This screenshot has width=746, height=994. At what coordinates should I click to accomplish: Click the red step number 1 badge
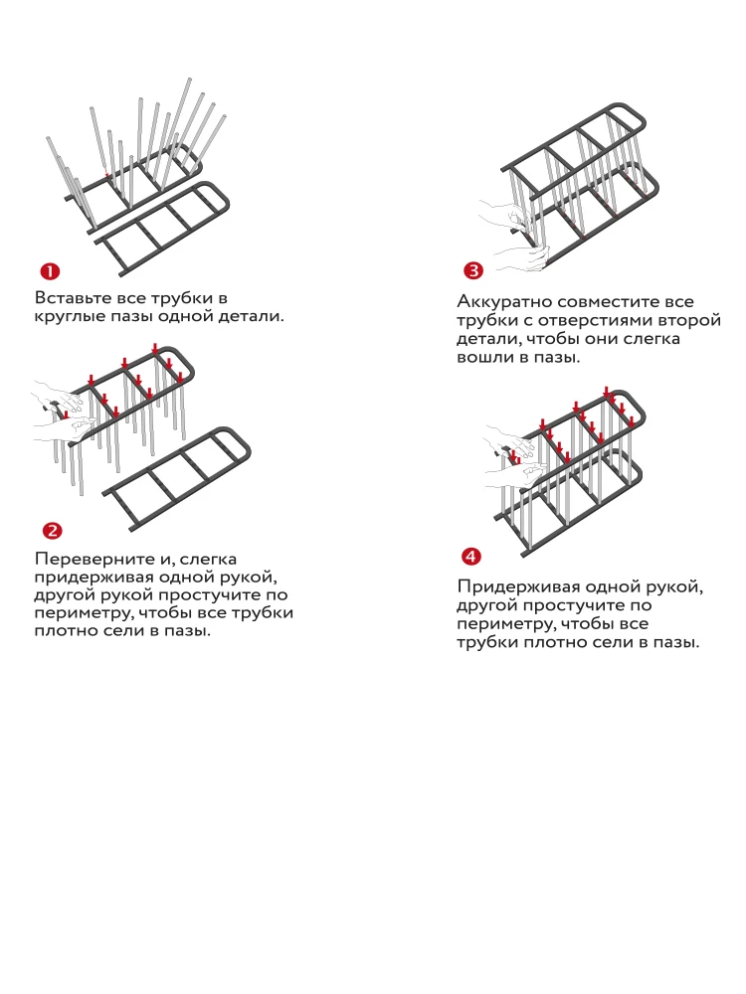point(48,271)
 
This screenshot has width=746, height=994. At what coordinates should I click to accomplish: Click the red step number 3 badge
point(472,271)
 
